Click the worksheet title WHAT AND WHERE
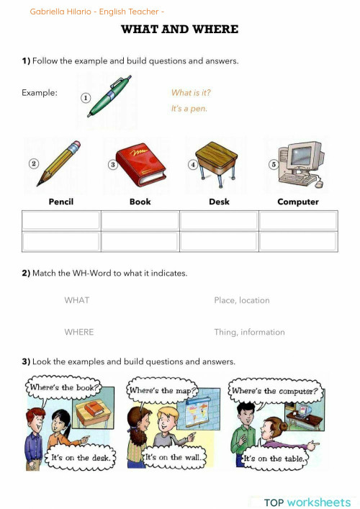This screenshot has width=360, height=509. [x=179, y=30]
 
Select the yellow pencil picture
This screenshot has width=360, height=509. [x=59, y=163]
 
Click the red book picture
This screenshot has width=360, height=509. [x=141, y=164]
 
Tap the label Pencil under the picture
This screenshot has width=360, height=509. [x=61, y=202]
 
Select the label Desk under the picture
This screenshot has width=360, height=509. [x=219, y=202]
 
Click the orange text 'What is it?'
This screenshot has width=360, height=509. [x=191, y=93]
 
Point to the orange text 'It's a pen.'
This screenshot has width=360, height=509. [x=189, y=109]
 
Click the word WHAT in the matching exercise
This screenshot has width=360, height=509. [x=77, y=300]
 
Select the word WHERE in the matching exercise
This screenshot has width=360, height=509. [x=79, y=332]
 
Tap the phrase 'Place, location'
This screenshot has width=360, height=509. [x=242, y=300]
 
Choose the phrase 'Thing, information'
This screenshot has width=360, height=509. [x=249, y=332]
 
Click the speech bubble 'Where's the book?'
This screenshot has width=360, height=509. [x=62, y=388]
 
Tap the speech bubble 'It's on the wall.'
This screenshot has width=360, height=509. [x=176, y=457]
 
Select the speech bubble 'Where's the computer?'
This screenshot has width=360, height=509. [x=274, y=392]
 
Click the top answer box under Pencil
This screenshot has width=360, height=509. [x=61, y=220]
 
